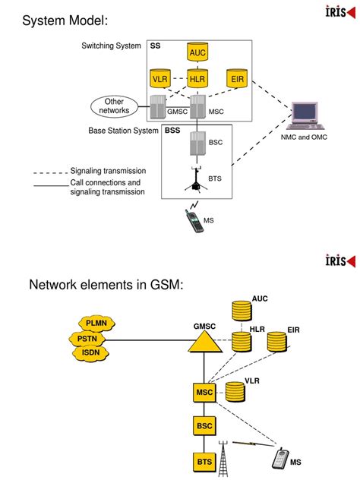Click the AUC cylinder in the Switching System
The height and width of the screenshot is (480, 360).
[197, 52]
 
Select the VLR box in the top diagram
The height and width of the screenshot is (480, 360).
[160, 78]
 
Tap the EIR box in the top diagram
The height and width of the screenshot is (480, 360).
[235, 78]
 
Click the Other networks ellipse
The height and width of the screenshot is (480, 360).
[114, 106]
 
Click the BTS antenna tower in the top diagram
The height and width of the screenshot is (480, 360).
[197, 177]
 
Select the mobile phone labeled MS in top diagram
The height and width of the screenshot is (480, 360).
[194, 220]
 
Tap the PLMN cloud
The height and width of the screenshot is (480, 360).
[96, 324]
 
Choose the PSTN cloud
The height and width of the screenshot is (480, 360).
[87, 338]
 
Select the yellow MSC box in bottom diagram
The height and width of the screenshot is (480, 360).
[205, 393]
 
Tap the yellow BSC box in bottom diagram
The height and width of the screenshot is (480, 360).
[205, 426]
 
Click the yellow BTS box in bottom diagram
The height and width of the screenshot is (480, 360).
[205, 460]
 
